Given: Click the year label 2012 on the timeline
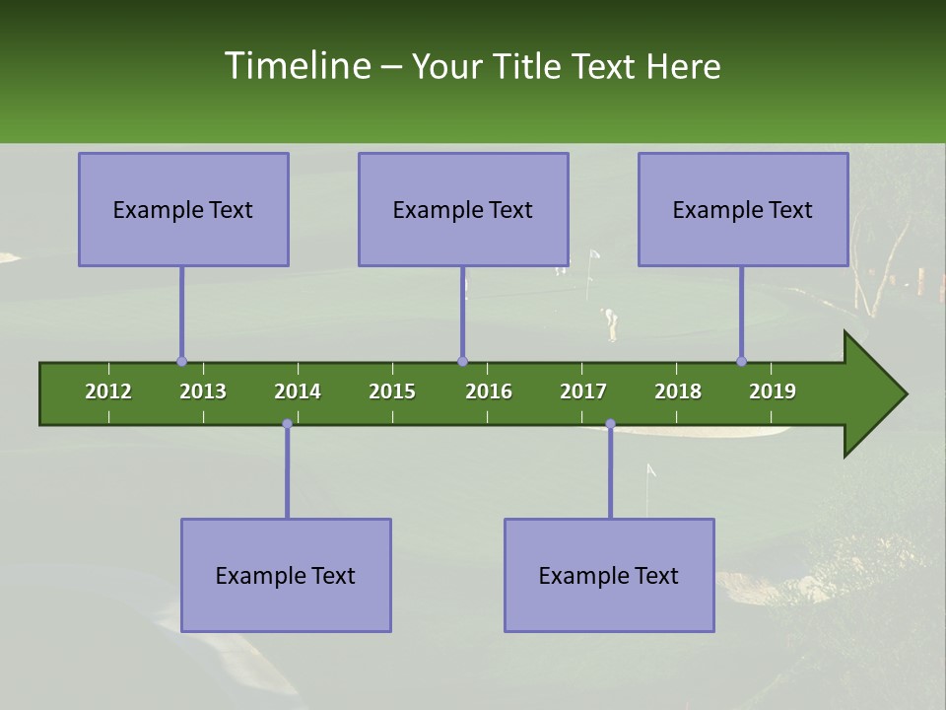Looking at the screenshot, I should pos(108,391).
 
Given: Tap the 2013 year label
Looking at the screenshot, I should pos(203,391).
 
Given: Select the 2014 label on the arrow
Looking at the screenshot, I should pos(298,391).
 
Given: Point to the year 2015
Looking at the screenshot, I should pos(392,391).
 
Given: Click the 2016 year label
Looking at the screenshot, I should pos(489,391).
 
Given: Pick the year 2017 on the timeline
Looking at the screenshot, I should pos(583,391).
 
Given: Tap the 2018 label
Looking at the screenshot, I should pos(678,391).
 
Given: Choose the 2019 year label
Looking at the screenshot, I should pos(773,391).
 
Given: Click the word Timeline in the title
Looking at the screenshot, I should pos(296,66).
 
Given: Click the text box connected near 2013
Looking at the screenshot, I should pos(183,209).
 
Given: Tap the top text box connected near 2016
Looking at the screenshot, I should pos(463,209).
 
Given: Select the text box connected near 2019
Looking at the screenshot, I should pos(743,209).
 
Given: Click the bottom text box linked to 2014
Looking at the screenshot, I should pos(286,575).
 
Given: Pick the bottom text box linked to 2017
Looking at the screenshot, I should pos(609,575).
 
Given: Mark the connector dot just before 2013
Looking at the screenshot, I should pos(181,362).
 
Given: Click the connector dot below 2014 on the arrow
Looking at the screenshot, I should pos(287,424).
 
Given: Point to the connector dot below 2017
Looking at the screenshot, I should pos(610,424).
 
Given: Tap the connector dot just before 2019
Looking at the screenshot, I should pos(741,362).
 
